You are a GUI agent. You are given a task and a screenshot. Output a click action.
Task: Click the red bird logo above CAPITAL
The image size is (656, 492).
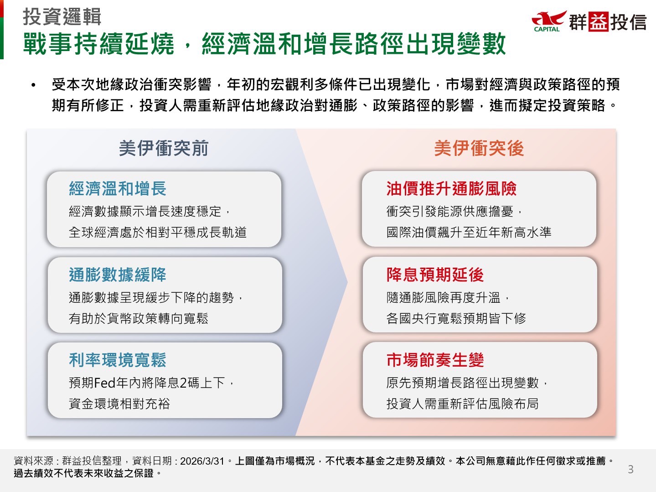tap(549, 19)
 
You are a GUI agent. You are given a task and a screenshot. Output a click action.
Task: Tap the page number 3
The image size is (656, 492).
tap(630, 469)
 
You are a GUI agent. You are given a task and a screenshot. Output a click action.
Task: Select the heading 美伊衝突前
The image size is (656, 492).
tap(164, 148)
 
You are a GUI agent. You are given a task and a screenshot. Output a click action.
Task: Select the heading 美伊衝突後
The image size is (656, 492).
tap(479, 148)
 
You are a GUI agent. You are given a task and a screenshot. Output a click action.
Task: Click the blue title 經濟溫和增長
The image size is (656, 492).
tap(118, 189)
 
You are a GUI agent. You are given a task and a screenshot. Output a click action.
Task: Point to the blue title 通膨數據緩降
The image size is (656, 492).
tap(118, 274)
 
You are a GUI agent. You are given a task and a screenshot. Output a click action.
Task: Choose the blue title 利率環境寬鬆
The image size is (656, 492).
tap(118, 360)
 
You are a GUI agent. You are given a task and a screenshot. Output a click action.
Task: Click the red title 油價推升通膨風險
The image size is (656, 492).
tap(451, 189)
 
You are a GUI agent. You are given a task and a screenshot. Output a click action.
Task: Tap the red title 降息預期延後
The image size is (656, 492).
tap(435, 274)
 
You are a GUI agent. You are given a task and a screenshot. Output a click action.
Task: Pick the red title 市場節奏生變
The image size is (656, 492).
tap(435, 360)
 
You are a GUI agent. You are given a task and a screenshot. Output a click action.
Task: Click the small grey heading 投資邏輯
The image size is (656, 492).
tap(62, 17)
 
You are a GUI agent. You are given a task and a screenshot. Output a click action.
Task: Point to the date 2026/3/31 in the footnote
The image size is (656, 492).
tap(202, 461)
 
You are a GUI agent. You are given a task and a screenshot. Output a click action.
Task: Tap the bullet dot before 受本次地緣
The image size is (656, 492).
tap(33, 85)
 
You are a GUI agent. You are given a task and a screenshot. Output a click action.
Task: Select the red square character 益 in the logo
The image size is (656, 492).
tap(598, 21)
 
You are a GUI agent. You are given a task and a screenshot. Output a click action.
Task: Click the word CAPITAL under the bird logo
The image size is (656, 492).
tap(547, 29)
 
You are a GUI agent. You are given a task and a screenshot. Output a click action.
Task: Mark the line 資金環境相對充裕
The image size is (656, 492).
tap(119, 404)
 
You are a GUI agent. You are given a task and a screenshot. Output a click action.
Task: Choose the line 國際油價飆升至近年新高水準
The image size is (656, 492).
tap(469, 232)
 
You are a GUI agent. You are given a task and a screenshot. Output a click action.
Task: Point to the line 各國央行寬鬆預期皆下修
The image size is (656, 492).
tap(456, 318)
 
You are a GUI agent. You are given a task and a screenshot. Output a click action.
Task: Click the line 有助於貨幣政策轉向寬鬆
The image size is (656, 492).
tap(139, 318)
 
